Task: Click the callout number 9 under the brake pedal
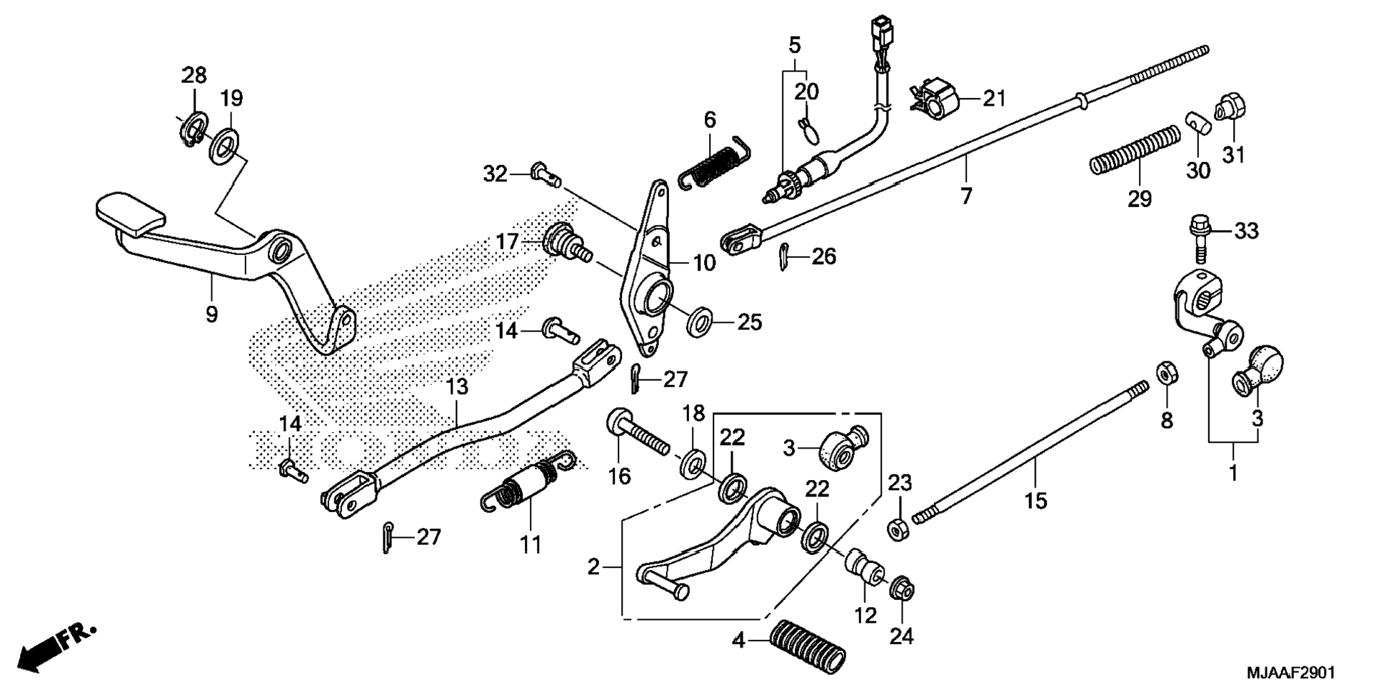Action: click(x=211, y=314)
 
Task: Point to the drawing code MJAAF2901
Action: click(x=1290, y=673)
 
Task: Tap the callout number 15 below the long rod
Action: click(x=1035, y=501)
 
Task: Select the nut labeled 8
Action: click(x=1167, y=373)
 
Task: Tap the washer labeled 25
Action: click(x=699, y=321)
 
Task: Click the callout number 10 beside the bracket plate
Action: click(x=704, y=263)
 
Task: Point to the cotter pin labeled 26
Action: click(x=783, y=257)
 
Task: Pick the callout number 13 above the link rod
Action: click(x=457, y=387)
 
